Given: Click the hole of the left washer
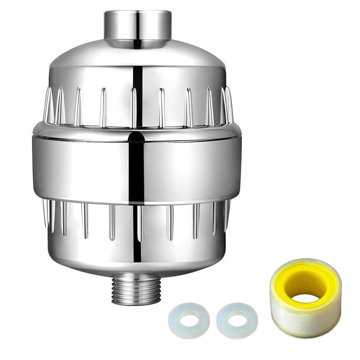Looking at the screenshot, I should (x=189, y=319).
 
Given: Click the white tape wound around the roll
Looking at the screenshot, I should (x=306, y=317).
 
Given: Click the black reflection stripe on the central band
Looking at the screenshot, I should (x=136, y=166).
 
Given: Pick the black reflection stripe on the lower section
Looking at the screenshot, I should (x=136, y=234).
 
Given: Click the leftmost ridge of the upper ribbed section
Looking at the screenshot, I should (x=47, y=104).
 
